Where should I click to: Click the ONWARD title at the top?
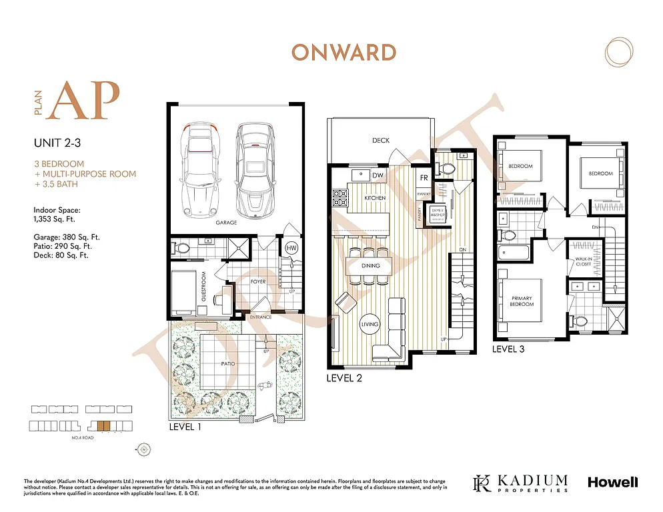(343, 53)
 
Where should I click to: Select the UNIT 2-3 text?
(57, 143)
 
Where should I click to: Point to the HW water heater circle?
(291, 248)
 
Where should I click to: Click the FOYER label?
(258, 282)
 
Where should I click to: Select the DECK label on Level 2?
(381, 141)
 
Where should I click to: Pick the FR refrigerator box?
(424, 178)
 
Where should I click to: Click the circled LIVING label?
(370, 325)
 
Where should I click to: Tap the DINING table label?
(370, 266)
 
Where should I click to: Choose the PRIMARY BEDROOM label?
(521, 301)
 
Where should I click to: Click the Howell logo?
(612, 482)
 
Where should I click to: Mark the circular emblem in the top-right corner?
(618, 53)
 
